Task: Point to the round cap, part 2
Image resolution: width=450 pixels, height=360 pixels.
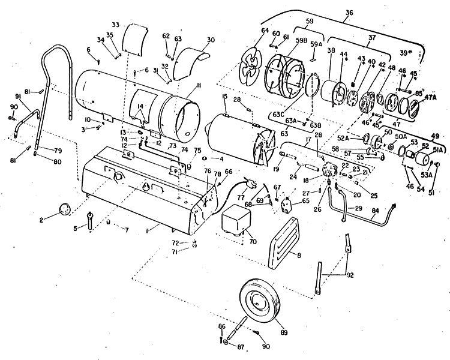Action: click(64, 209)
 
